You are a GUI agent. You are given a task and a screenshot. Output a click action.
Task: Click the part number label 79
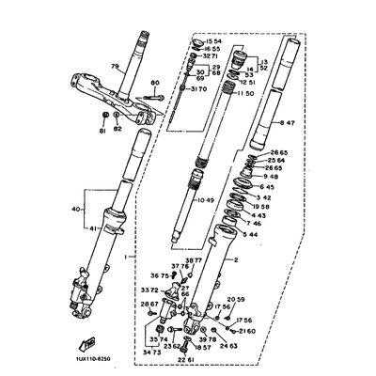pyautogui.click(x=116, y=67)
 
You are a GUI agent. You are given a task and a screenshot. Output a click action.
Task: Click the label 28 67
pyautogui.click(x=150, y=305)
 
